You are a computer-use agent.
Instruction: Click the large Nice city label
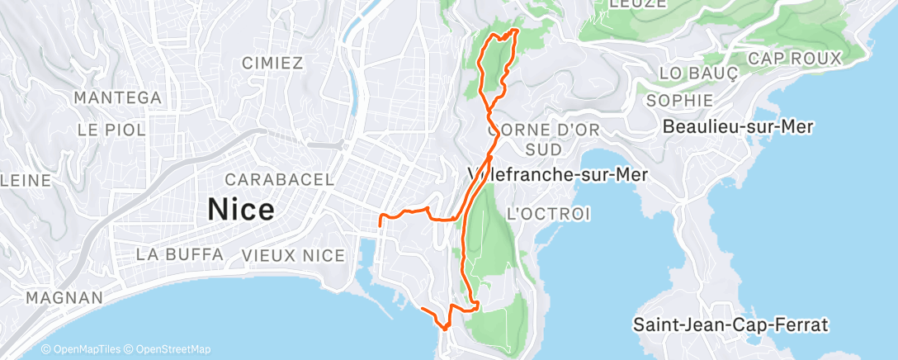point(240,209)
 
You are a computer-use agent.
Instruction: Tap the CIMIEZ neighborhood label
point(273,63)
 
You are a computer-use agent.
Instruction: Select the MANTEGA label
point(117,97)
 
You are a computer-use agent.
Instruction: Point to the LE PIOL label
point(111,130)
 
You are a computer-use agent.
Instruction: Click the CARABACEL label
point(279,179)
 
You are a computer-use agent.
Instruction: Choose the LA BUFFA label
point(180,254)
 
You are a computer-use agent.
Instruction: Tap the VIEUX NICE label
point(293,255)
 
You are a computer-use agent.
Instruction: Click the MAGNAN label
point(64,297)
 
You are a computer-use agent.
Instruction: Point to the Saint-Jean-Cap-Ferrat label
point(730,324)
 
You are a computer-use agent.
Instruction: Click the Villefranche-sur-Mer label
point(557,175)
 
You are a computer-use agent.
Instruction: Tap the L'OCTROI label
point(548,214)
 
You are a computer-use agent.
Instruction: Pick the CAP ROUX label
point(794,59)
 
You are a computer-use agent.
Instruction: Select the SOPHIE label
point(680,100)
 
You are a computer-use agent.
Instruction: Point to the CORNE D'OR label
point(542,130)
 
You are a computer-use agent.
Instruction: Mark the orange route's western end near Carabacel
point(379,224)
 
